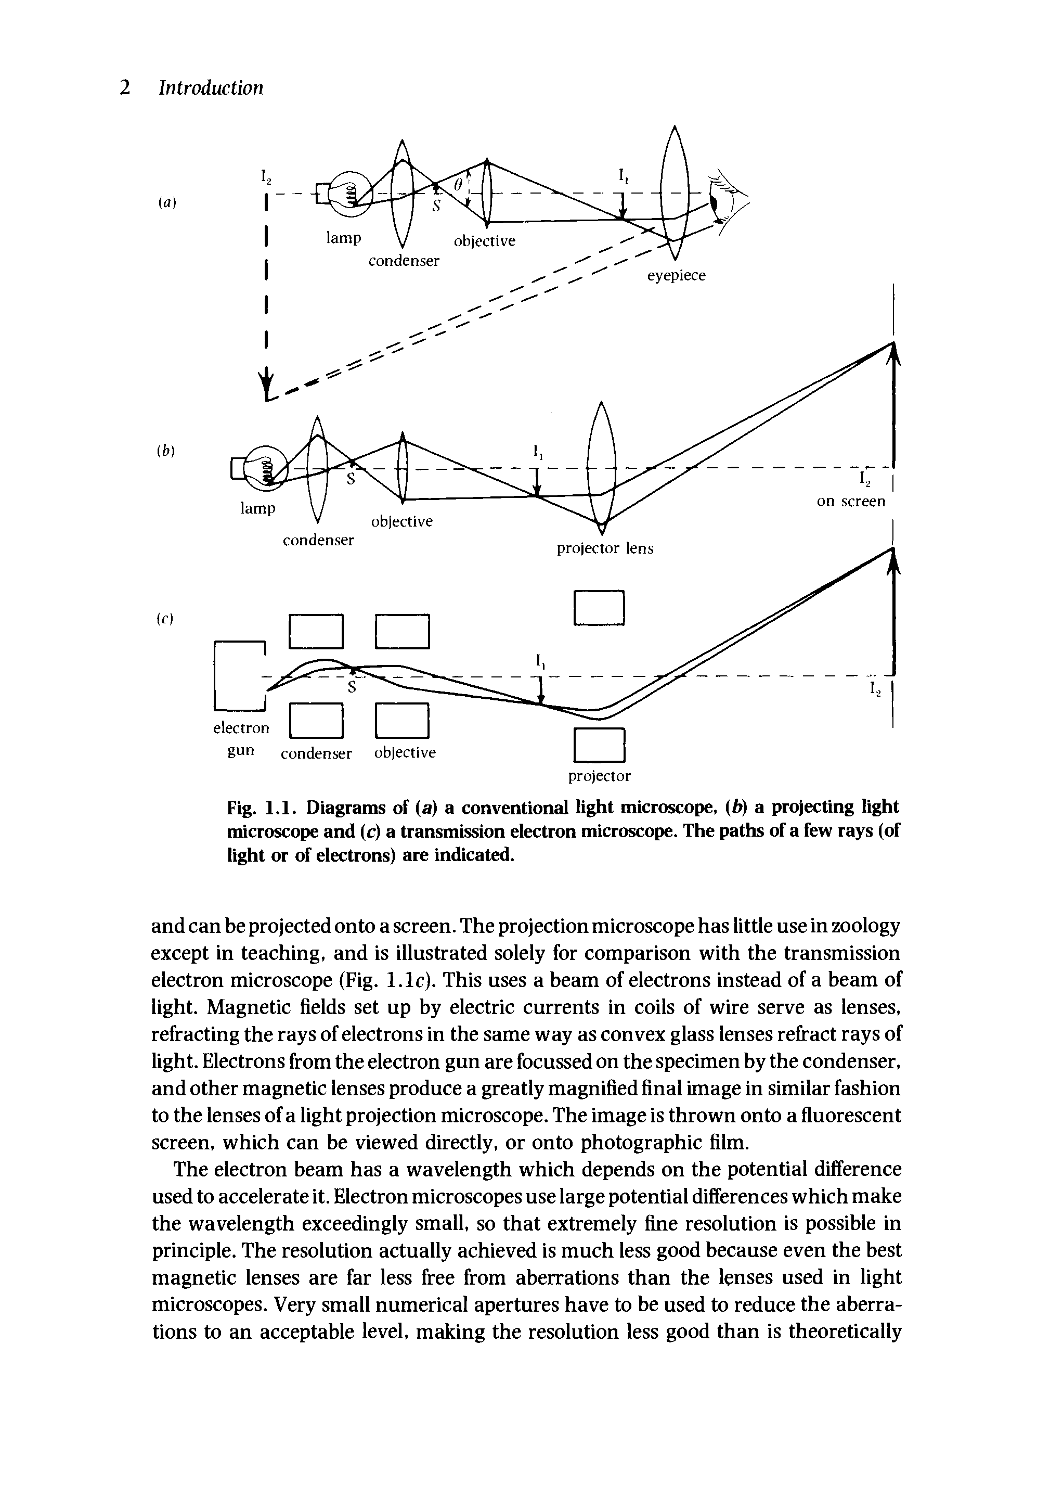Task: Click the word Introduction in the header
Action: pyautogui.click(x=211, y=87)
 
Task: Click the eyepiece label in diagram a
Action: pyautogui.click(x=676, y=276)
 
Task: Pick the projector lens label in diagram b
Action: pyautogui.click(x=605, y=549)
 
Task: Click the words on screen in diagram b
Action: pyautogui.click(x=851, y=502)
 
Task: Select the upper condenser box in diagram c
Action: pyautogui.click(x=316, y=631)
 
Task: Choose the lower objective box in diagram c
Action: pyautogui.click(x=402, y=721)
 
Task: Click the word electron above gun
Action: pyautogui.click(x=241, y=728)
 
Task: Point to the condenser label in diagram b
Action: pyautogui.click(x=318, y=540)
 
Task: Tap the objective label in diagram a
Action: pyautogui.click(x=485, y=241)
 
